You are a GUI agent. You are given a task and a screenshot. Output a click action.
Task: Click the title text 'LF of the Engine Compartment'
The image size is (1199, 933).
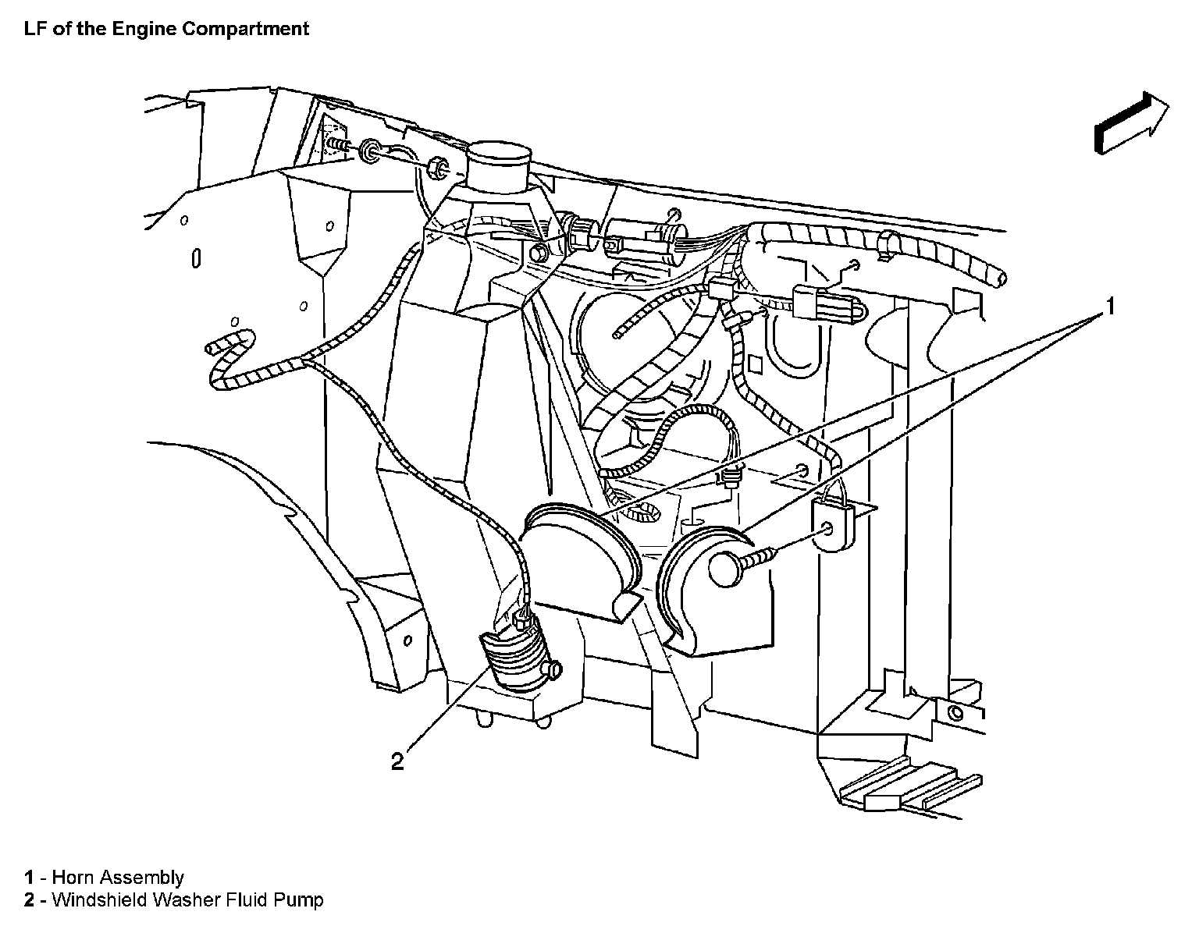click(166, 29)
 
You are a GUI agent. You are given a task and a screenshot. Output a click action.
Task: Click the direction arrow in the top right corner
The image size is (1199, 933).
click(1131, 122)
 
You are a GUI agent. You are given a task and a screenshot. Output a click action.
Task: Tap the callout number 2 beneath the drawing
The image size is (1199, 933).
click(398, 761)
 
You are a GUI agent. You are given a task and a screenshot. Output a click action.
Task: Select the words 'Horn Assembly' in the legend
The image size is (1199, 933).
click(118, 878)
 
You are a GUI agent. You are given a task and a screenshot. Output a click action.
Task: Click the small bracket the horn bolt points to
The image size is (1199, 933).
click(834, 525)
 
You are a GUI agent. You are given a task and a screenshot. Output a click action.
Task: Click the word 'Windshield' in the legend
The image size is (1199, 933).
click(98, 900)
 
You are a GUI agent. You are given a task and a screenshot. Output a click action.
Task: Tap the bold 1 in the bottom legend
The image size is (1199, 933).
click(29, 878)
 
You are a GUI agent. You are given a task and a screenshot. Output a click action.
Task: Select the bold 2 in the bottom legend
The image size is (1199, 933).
click(29, 900)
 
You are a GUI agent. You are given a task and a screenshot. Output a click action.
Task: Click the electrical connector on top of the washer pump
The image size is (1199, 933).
click(523, 621)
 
